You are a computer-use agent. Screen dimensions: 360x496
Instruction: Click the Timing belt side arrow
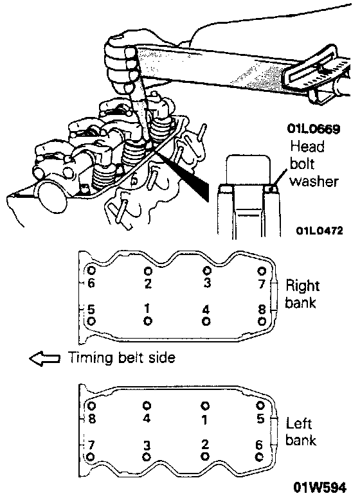pyautogui.click(x=44, y=359)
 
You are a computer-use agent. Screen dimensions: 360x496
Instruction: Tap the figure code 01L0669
pyautogui.click(x=314, y=128)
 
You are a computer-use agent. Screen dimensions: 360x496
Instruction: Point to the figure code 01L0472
pyautogui.click(x=319, y=231)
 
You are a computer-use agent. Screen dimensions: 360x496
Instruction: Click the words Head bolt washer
pyautogui.click(x=314, y=164)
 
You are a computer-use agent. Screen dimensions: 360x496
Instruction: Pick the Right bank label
pyautogui.click(x=302, y=294)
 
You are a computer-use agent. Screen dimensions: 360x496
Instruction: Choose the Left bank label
pyautogui.click(x=301, y=432)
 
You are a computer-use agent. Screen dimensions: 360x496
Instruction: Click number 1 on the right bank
pyautogui.click(x=147, y=308)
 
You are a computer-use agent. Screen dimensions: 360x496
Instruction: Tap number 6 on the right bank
pyautogui.click(x=91, y=283)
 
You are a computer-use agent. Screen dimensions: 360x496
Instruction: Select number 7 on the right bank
pyautogui.click(x=262, y=284)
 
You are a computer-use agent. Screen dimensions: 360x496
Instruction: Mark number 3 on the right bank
pyautogui.click(x=207, y=283)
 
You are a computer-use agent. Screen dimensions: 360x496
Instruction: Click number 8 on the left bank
pyautogui.click(x=92, y=418)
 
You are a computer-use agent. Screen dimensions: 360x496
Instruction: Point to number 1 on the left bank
pyautogui.click(x=205, y=420)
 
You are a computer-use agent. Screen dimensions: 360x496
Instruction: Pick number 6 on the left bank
pyautogui.click(x=259, y=445)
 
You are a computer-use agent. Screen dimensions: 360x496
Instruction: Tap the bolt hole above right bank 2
pyautogui.click(x=148, y=271)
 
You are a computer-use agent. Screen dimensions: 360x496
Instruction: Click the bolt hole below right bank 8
pyautogui.click(x=262, y=322)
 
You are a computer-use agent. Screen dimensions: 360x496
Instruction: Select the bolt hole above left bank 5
pyautogui.click(x=260, y=405)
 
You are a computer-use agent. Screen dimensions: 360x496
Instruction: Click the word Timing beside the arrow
pyautogui.click(x=91, y=359)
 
